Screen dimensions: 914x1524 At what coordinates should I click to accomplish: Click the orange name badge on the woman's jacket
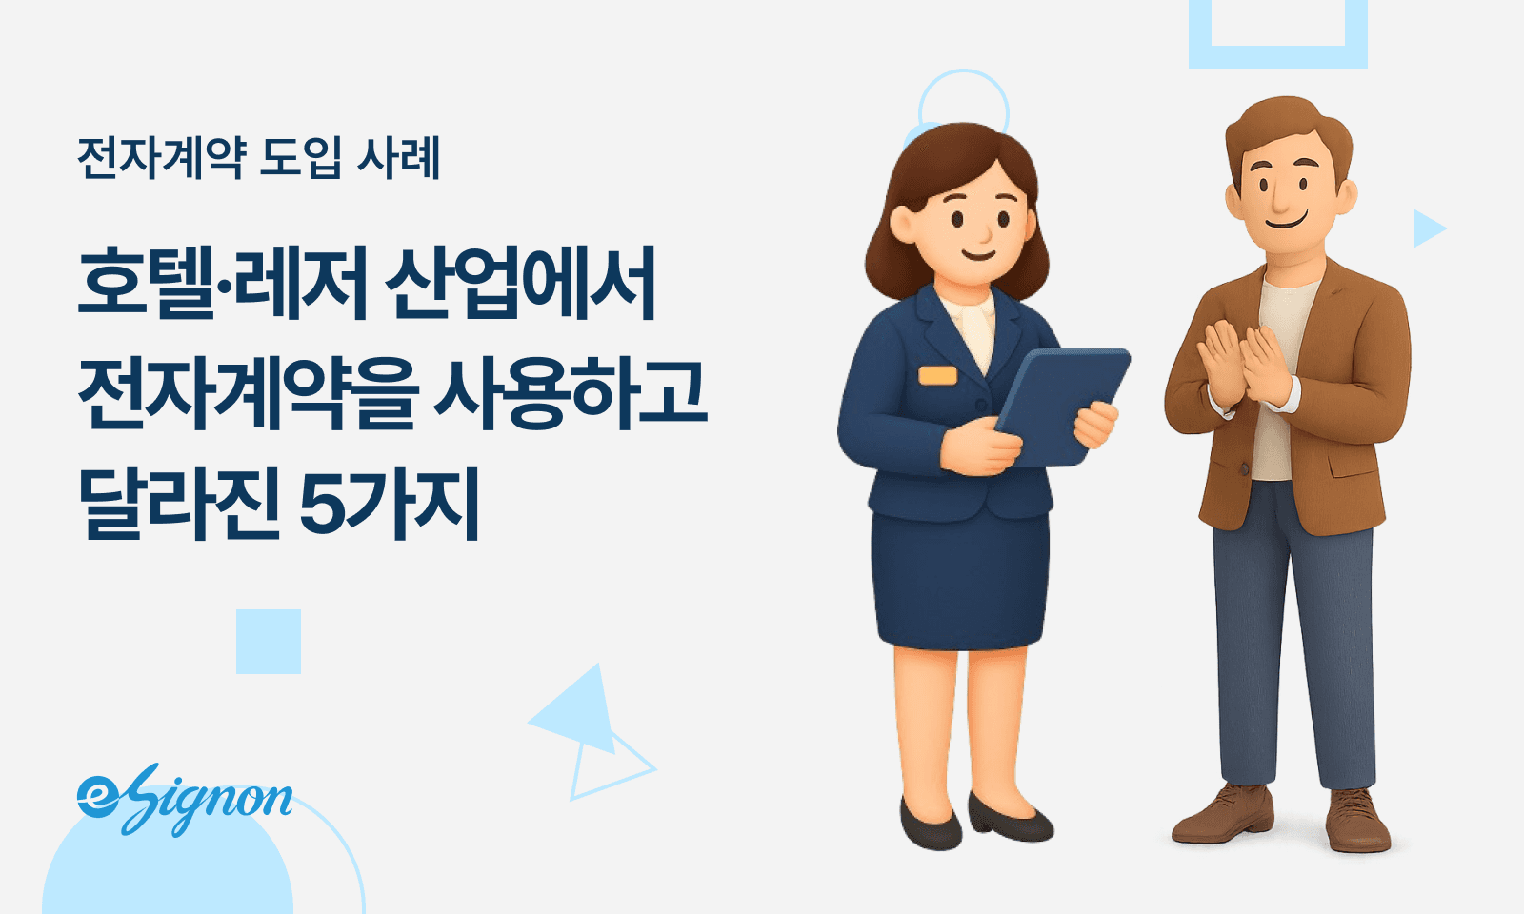coord(937,375)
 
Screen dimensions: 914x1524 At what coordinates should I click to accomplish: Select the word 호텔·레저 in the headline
coord(221,283)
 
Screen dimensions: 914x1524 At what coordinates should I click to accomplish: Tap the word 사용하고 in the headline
coord(571,393)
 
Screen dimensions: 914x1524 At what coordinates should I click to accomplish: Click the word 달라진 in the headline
coord(178,504)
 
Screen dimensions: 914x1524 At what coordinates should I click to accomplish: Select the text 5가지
coord(390,504)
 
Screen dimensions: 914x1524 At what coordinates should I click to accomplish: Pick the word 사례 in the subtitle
coord(399,157)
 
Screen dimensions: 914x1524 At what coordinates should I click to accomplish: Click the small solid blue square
coord(269,642)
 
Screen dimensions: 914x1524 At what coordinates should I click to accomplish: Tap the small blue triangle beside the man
coord(1426,228)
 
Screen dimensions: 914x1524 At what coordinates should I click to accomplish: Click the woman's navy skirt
coord(960,581)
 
